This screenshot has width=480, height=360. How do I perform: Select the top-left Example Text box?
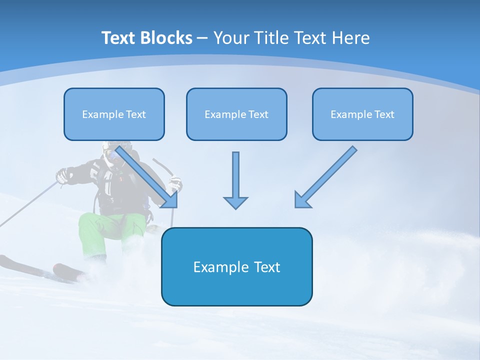click(114, 114)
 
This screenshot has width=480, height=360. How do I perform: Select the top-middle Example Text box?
click(236, 114)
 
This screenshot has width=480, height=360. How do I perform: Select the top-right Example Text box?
click(362, 114)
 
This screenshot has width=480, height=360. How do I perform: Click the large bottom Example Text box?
click(236, 266)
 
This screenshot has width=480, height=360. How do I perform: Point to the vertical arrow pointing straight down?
click(235, 177)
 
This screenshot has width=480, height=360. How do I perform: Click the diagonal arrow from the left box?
click(145, 175)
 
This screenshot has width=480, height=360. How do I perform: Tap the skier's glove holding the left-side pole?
click(63, 175)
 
